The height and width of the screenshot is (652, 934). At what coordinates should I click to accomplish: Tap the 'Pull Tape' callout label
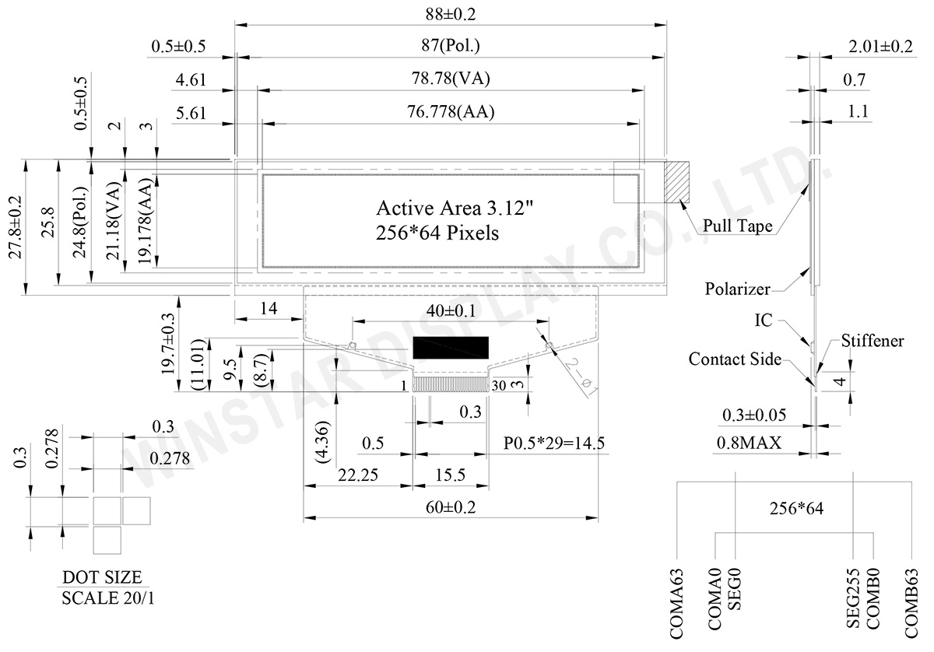coord(738,226)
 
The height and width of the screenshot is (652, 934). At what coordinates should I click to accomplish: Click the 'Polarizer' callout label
coord(737,289)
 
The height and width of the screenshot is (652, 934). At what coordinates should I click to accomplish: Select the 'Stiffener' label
coord(873,342)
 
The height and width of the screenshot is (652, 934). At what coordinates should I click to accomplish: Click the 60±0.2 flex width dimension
coord(451,507)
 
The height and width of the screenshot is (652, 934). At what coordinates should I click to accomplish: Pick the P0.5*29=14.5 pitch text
coord(554,443)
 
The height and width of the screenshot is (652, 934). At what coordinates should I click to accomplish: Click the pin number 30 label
coord(499,385)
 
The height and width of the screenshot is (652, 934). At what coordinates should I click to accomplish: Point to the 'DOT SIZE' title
coord(102,577)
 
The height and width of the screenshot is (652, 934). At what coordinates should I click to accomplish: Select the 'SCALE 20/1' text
coord(102,599)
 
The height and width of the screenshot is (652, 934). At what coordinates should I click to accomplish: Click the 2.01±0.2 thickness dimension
coord(880,47)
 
